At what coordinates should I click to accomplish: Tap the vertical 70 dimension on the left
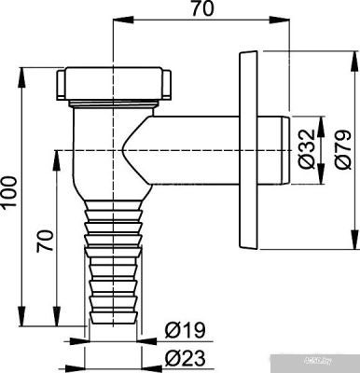point(42,244)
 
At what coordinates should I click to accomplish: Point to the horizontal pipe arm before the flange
point(196,140)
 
